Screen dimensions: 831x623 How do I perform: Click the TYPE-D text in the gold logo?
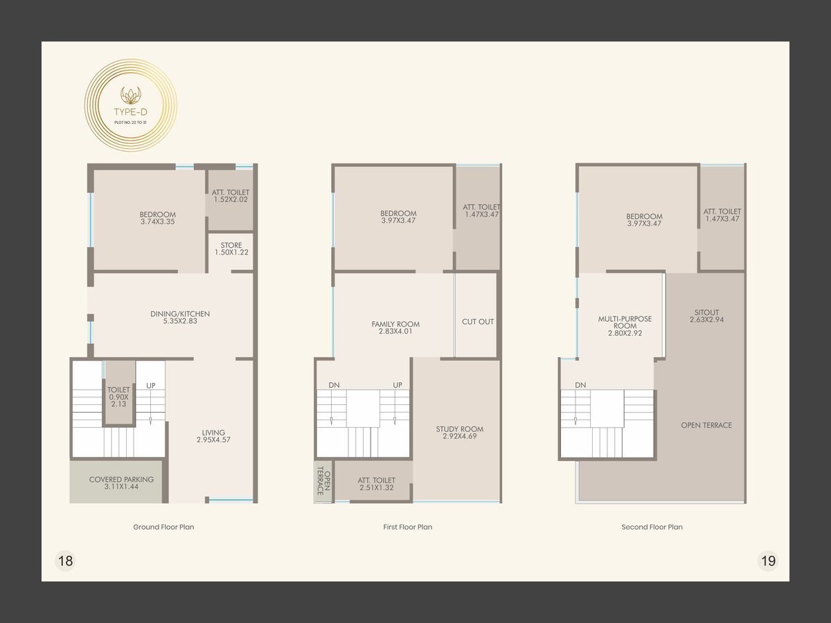131,112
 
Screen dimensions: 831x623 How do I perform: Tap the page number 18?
66,561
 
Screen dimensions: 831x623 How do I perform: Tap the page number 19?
768,561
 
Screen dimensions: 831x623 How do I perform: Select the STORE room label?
231,245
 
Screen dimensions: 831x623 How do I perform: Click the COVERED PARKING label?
121,479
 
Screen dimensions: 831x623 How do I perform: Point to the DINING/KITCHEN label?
180,314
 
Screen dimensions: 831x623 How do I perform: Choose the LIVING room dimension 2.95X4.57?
213,440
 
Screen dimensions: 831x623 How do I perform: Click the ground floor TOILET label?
118,390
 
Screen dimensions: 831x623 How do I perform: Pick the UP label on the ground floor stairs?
151,386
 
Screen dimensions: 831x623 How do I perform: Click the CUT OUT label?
478,321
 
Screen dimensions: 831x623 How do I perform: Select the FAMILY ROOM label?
395,324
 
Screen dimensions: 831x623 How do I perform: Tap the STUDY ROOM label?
460,429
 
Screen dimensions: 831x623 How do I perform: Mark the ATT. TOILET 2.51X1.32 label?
377,484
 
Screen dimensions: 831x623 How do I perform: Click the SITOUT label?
707,312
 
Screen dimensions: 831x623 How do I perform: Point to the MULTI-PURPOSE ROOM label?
625,323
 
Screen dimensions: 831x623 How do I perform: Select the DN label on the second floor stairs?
580,385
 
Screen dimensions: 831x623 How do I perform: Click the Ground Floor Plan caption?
163,527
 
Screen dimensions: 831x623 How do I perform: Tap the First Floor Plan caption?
408,527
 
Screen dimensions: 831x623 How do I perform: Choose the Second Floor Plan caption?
652,527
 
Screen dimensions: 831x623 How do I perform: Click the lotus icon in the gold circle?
131,96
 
